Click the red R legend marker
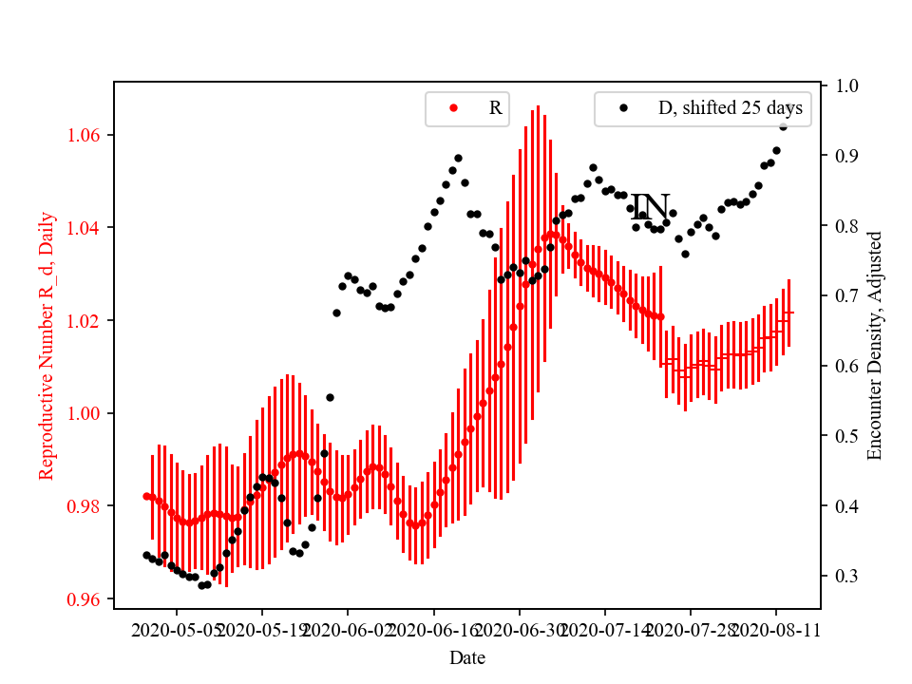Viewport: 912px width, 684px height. coord(453,108)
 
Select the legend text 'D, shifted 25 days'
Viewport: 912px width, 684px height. coord(730,108)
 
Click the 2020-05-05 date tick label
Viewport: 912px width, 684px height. coord(177,630)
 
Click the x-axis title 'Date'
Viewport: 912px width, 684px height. coord(467,657)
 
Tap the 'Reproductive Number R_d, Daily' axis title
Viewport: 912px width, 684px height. coord(47,345)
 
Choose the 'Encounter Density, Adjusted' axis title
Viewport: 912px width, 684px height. coord(875,345)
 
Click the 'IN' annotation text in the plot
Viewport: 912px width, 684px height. coord(651,208)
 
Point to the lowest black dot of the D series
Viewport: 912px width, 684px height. coord(201,585)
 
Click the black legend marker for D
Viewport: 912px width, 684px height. coord(623,108)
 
